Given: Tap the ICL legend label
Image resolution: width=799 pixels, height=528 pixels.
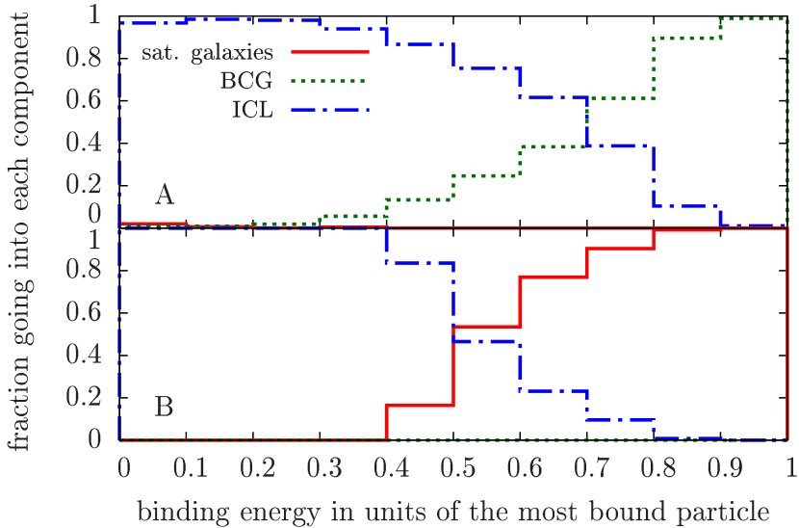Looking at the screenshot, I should click(x=252, y=110).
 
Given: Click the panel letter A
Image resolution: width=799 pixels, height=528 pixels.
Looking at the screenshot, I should click(x=165, y=197).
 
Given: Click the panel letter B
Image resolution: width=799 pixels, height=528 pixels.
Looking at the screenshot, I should click(x=165, y=407).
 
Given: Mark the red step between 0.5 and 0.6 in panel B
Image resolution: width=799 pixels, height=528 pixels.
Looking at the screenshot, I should click(x=486, y=327).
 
